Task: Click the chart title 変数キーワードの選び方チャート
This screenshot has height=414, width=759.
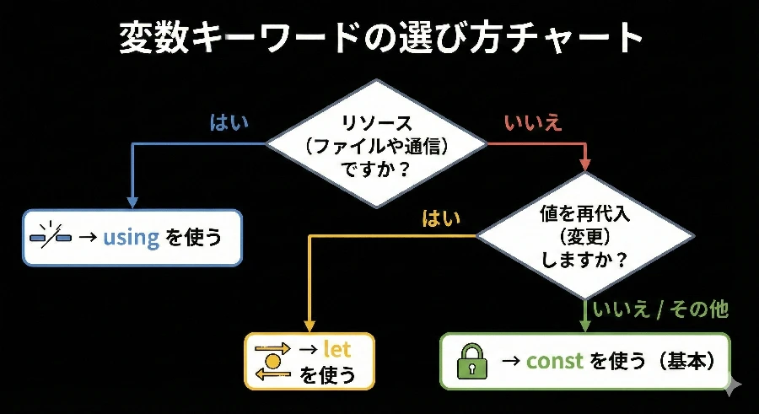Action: (x=380, y=37)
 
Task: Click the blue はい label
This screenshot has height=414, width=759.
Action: (x=229, y=122)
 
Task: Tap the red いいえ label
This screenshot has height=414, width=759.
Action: (x=533, y=122)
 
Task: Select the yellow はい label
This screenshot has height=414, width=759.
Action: (x=441, y=218)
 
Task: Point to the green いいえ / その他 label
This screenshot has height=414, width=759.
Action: (x=660, y=310)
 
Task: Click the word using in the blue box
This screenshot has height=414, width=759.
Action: (x=131, y=237)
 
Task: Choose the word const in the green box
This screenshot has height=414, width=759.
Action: (x=555, y=362)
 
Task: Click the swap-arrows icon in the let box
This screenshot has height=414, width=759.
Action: (x=272, y=361)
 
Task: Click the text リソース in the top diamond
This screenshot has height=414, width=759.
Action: (x=377, y=123)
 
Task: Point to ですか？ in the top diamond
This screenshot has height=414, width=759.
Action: (x=377, y=167)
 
